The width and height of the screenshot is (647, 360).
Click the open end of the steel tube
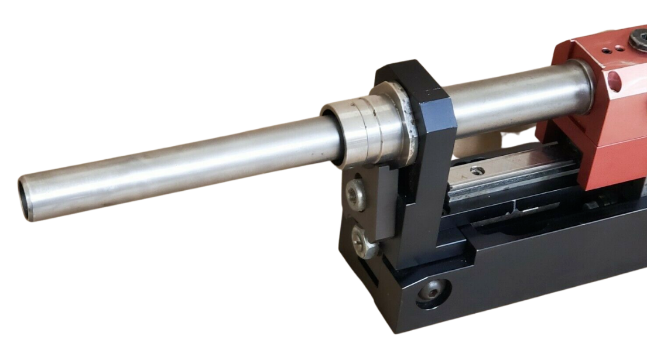coord(26,199)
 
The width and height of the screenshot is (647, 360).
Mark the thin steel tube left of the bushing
coord(176,164)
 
